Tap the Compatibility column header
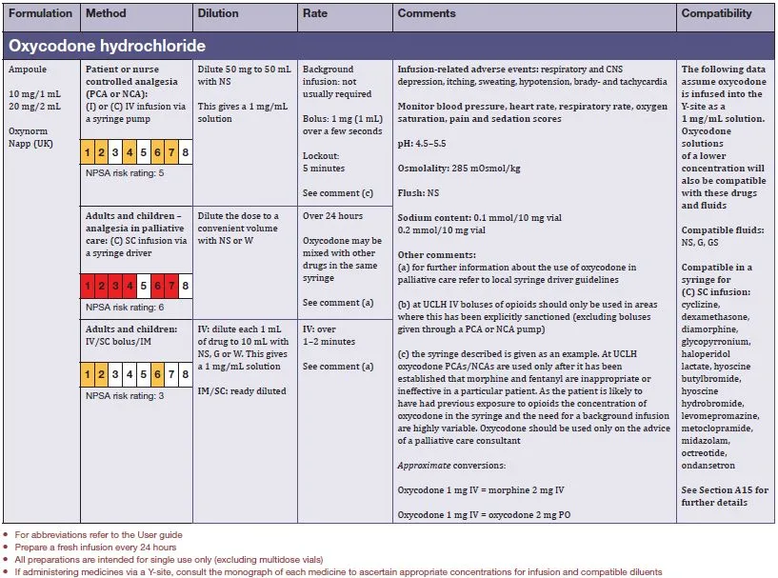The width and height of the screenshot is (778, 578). [x=716, y=14]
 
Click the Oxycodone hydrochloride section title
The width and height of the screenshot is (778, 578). [x=107, y=46]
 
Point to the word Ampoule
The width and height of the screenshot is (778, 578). [x=28, y=70]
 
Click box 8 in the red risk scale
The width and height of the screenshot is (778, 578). [x=185, y=286]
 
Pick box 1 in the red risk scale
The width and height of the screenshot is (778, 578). [x=87, y=286]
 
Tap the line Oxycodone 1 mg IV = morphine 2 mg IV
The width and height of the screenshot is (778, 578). [x=481, y=489]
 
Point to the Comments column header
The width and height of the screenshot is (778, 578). [x=427, y=14]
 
